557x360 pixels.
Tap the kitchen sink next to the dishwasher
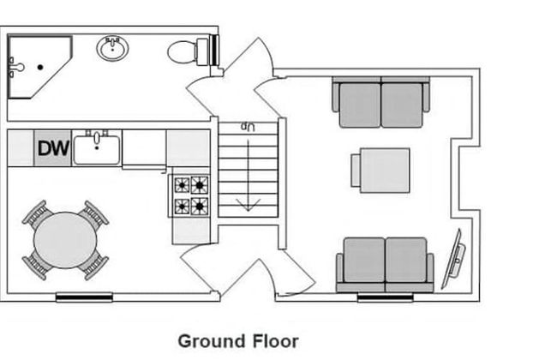click(97, 148)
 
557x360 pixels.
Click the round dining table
click(65, 239)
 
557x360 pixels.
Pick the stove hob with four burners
click(191, 195)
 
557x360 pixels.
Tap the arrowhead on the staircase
click(248, 204)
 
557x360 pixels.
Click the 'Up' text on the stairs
click(249, 126)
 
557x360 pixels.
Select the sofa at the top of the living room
click(380, 103)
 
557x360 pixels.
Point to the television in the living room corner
click(454, 259)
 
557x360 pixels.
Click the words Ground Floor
click(238, 341)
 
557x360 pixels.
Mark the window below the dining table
click(84, 298)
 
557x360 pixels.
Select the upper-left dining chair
click(36, 213)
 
